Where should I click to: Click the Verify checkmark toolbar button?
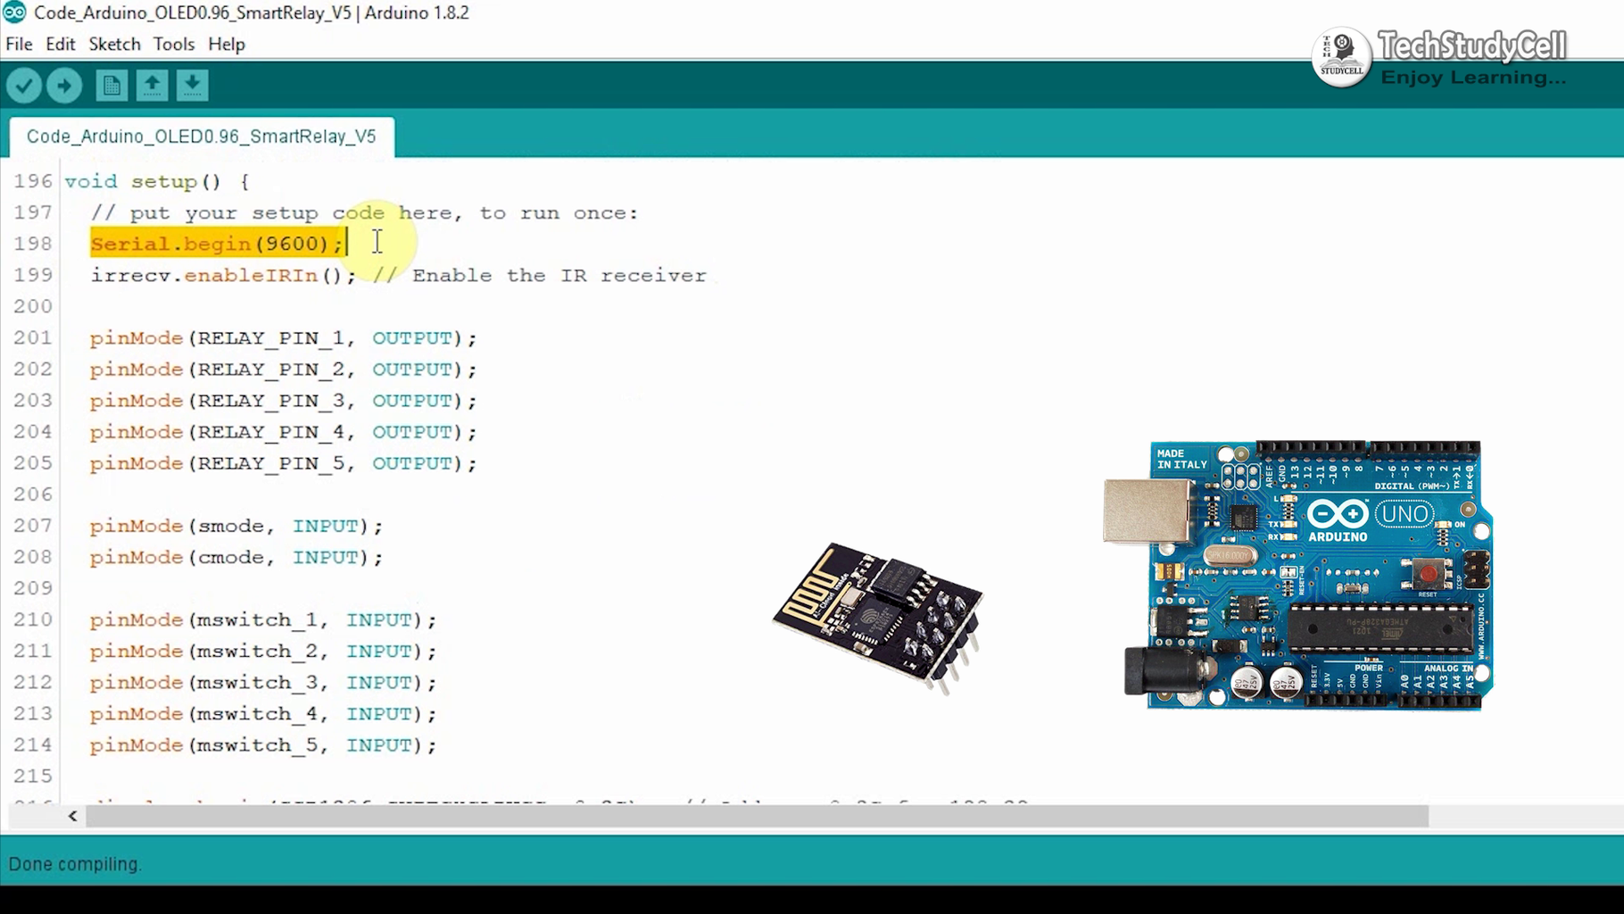point(24,86)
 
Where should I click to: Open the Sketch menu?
point(114,44)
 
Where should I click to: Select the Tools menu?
point(173,44)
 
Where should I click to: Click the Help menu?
point(227,44)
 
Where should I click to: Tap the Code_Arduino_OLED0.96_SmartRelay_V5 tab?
point(202,137)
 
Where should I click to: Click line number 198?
point(33,244)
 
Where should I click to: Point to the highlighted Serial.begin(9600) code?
point(217,244)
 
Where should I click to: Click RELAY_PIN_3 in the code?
point(270,401)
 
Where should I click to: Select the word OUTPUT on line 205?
point(412,463)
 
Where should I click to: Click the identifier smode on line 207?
point(231,526)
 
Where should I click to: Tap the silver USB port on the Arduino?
point(1147,511)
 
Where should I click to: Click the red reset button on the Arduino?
point(1428,573)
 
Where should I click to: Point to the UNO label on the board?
point(1404,515)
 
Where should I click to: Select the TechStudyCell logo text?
point(1471,46)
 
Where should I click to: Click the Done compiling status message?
point(75,864)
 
